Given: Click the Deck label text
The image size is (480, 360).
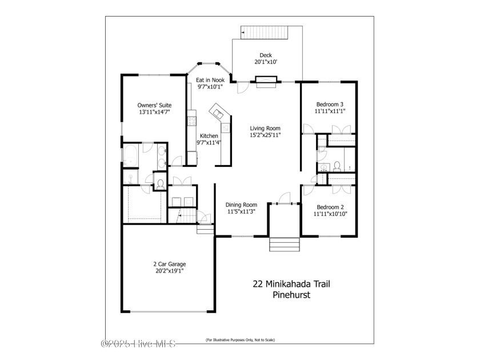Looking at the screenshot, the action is tap(266, 55).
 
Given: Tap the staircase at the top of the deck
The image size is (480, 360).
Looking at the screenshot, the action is tap(265, 33).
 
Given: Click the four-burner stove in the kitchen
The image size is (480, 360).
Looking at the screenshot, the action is tap(191, 121).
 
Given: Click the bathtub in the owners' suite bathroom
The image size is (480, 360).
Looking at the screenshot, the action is tap(130, 156).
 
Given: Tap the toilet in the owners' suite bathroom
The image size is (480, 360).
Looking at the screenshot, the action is tap(160, 184).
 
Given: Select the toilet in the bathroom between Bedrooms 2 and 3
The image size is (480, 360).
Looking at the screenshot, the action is tap(337, 166).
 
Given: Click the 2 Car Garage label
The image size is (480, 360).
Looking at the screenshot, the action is tap(170, 264).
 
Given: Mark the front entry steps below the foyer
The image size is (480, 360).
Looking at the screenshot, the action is tap(285, 245).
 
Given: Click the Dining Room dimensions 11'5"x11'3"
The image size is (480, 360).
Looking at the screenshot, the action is tap(241, 211).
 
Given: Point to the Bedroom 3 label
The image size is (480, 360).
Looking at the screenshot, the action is tap(330, 105).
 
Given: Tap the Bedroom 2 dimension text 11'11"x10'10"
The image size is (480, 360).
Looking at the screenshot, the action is tap(330, 214).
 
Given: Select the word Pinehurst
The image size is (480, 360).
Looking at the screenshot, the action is tap(291, 295).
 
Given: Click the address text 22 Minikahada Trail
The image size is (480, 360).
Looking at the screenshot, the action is tap(291, 284).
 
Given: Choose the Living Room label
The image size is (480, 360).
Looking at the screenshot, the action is tap(265, 129).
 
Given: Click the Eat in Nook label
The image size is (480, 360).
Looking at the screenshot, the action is tap(210, 80).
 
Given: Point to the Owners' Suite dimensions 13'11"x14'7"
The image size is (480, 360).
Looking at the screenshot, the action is tap(154, 112).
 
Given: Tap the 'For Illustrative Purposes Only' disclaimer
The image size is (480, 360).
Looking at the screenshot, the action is tap(241, 340).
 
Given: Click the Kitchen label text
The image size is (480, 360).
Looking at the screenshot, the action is tap(209, 136).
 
